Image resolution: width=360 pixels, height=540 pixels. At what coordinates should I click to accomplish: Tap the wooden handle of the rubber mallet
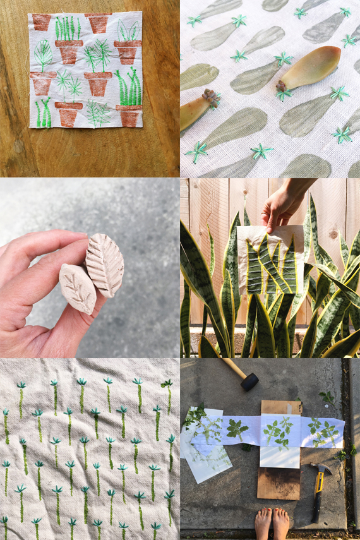(233, 369)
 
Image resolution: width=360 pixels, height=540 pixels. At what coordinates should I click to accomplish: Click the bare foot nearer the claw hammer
(281, 524)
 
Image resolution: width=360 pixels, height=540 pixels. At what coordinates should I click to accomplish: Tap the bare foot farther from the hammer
(263, 524)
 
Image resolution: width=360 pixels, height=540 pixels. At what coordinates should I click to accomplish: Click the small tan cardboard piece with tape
(281, 407)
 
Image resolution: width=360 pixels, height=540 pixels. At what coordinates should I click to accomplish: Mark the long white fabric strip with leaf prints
(278, 431)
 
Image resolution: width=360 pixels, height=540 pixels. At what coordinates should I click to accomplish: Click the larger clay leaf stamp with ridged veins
(105, 264)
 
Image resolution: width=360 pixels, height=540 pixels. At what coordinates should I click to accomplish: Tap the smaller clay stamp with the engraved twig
(78, 287)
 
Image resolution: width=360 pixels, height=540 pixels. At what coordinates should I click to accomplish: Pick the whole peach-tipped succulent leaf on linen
(311, 68)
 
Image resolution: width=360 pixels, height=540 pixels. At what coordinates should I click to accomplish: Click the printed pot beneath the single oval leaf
(43, 83)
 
